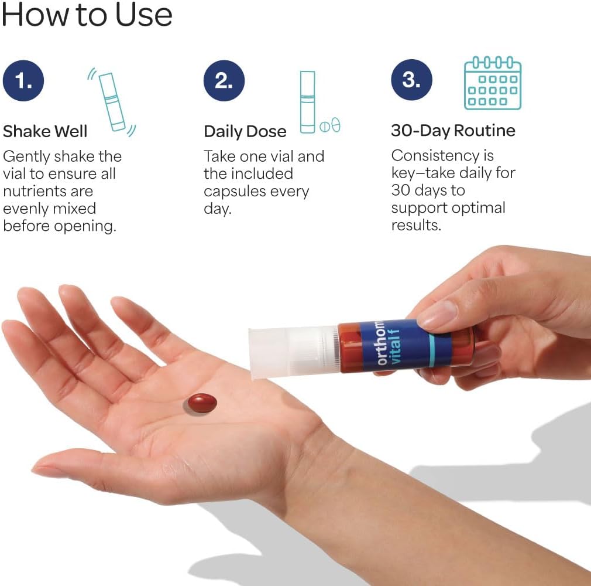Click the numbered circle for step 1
coord(23,81)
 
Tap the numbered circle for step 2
coord(224,81)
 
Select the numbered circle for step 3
coord(411,80)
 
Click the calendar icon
coord(492,83)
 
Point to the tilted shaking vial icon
coord(112,102)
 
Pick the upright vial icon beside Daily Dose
coord(308,102)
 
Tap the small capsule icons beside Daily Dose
coord(330,125)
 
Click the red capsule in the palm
coord(202,403)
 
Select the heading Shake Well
coord(45,131)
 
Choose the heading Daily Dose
coord(245,131)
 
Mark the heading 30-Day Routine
coord(453,131)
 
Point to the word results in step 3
coord(416,225)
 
